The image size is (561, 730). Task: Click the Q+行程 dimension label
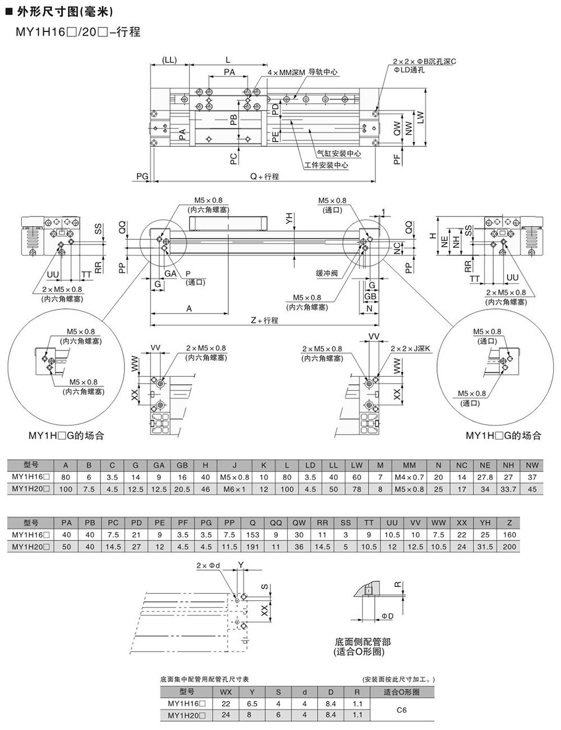264,176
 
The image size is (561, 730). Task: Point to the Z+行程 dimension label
264,320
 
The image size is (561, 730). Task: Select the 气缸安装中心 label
338,153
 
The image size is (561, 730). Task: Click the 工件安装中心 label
326,165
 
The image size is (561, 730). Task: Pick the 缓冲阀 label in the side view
327,274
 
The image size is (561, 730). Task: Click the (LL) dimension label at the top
169,60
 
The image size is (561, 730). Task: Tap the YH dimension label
289,219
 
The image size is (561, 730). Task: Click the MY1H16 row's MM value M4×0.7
409,477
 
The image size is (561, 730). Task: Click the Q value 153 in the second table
252,535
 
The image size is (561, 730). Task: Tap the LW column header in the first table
357,465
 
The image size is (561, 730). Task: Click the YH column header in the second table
485,523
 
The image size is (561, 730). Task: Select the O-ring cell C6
401,710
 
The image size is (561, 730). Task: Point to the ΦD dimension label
387,617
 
